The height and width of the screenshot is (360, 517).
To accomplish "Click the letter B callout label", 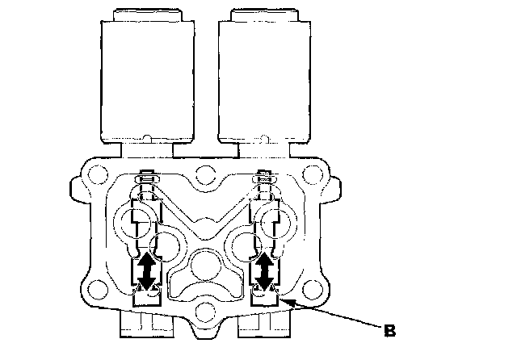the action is pos(389,330).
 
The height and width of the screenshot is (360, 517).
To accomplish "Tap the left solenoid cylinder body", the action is pos(147,82).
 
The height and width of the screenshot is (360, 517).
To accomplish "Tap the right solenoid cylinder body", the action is pos(264,82).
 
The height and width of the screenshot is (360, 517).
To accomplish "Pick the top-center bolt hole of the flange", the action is pos(205,175).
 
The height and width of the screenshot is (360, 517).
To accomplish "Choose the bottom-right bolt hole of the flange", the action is pos(313,289).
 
